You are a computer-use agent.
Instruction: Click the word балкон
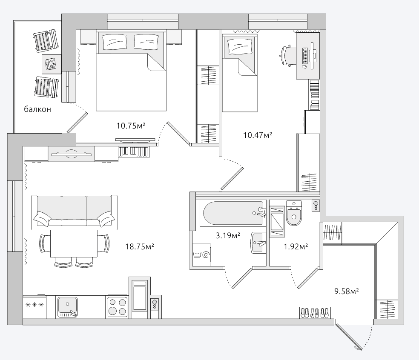pyautogui.click(x=37, y=109)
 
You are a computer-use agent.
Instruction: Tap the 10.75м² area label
pyautogui.click(x=131, y=126)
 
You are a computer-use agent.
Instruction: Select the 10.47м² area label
pyautogui.click(x=257, y=135)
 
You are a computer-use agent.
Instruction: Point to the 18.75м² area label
pyautogui.click(x=140, y=246)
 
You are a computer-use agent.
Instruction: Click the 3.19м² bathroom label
pyautogui.click(x=228, y=236)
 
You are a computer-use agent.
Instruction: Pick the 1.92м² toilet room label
pyautogui.click(x=296, y=246)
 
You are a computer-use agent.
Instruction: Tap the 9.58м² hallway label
pyautogui.click(x=346, y=291)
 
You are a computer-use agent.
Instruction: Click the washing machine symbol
pyautogui.click(x=201, y=254)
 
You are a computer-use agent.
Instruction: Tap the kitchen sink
pyautogui.click(x=67, y=307)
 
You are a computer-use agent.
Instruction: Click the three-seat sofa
pyautogui.click(x=74, y=212)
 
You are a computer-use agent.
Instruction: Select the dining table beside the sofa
pyautogui.click(x=74, y=243)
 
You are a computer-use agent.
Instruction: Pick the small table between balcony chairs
pyautogui.click(x=52, y=64)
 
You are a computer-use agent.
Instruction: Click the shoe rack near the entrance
pyautogui.click(x=315, y=312)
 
